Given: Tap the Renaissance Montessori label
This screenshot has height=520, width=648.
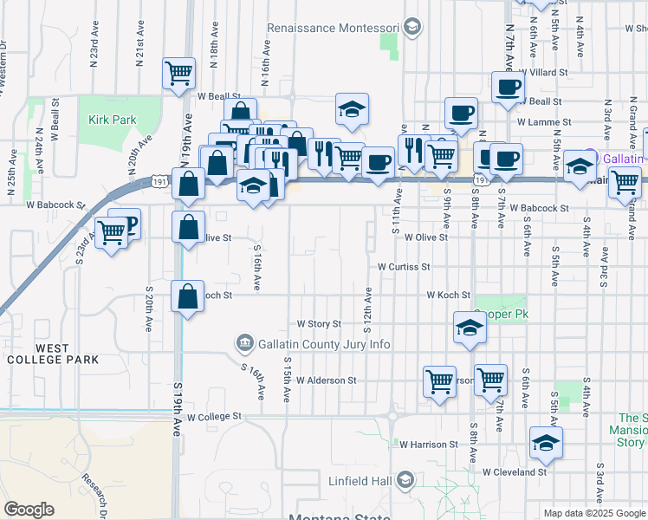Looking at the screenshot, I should point(333,28).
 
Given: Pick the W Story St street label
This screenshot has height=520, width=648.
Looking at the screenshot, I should point(320,323).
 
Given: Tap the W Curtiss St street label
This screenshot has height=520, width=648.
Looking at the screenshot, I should point(403,267).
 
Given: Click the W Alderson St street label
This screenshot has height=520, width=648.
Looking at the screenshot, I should point(326,380).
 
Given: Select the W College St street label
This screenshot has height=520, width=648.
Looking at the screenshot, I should point(214,417).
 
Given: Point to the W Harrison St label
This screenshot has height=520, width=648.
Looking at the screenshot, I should point(428,444).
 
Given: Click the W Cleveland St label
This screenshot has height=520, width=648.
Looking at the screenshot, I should point(515,472).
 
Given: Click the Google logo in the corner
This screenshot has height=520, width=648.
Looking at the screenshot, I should point(29,510).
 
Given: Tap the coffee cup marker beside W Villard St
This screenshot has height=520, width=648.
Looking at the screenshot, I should point(508,86).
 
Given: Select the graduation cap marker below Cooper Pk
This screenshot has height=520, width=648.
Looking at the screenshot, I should point(469,328).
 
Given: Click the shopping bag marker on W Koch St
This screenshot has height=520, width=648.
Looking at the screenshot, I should point(187,296).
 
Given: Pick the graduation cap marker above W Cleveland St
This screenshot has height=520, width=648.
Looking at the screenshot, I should point(546,442).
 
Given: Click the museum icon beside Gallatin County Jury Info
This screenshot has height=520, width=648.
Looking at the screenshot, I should point(244,344).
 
